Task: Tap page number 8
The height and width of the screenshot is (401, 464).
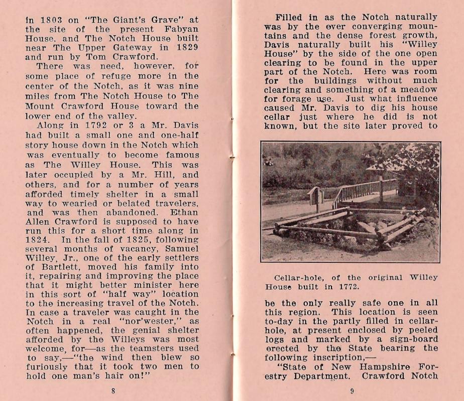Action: (113, 390)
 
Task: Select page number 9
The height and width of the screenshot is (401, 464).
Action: (352, 391)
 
